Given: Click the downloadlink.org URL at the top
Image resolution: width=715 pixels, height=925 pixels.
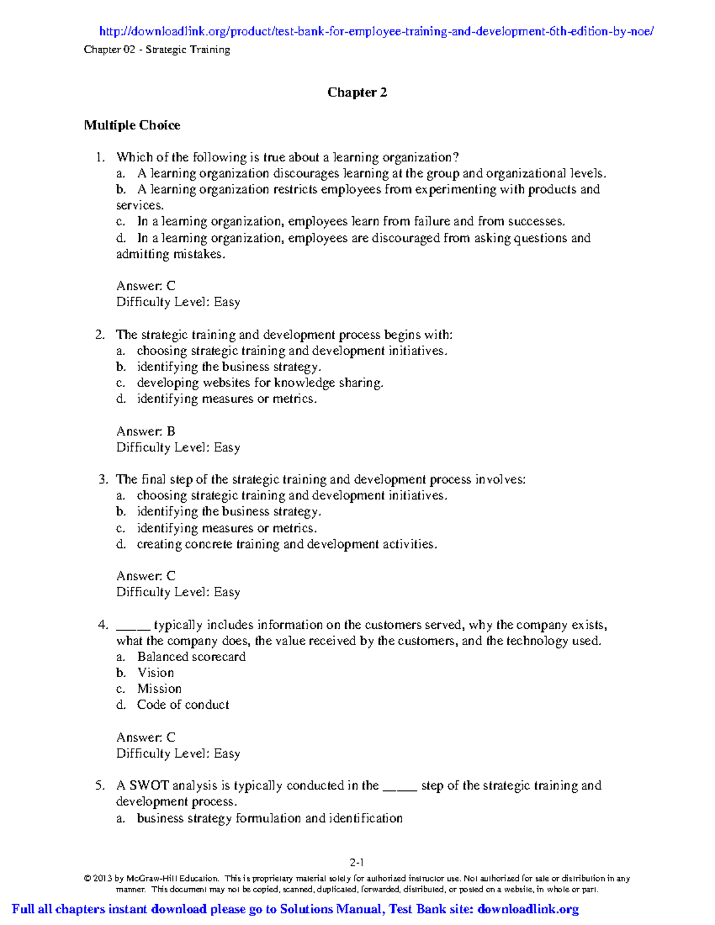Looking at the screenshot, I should pos(376,32).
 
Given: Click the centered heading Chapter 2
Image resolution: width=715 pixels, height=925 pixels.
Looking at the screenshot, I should pos(357,92).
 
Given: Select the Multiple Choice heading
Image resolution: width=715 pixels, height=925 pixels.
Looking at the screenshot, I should pos(132,125).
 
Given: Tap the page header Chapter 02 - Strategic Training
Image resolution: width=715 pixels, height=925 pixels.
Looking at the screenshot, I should pos(157,49).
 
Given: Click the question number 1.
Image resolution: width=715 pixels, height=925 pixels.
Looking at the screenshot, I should pos(100,157).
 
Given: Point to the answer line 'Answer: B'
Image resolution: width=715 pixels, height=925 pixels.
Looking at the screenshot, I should pos(145,431).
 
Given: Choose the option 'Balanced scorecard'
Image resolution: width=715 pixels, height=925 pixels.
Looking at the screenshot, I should pos(191,656).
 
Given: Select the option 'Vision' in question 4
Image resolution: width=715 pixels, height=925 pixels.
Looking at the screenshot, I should pos(156,672).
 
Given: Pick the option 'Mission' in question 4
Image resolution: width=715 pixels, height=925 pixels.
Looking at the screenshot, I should pos(159,689).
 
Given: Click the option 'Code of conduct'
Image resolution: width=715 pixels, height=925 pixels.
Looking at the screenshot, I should pos(183,705).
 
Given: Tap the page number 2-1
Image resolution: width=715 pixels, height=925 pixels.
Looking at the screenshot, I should pos(357,862).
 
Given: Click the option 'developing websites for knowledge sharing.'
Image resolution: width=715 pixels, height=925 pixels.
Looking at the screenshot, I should pos(260,383).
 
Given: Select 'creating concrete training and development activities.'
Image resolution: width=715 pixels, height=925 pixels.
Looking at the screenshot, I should pos(287,544).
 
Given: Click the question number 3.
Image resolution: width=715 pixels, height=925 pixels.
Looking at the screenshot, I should pos(102,479).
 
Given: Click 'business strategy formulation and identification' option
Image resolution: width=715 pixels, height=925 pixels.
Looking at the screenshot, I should pos(269,818).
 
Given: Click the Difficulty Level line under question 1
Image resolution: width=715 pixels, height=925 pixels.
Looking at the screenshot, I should pos(178,302).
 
